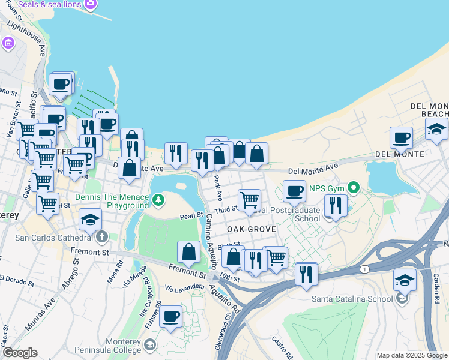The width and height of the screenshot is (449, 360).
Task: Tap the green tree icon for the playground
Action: point(158,199)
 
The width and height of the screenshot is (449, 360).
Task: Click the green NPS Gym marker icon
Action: point(354,188)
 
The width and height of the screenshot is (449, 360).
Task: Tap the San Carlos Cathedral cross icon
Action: point(101,236)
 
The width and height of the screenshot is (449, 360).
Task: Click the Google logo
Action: point(20,353)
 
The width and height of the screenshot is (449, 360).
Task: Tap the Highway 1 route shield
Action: point(364,270)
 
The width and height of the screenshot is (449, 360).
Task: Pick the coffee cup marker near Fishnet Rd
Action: point(171,316)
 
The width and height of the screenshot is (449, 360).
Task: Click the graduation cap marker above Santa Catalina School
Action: point(405,280)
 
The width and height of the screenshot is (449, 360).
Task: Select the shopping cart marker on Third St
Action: point(249,199)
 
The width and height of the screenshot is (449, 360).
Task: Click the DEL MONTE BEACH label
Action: point(429,110)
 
